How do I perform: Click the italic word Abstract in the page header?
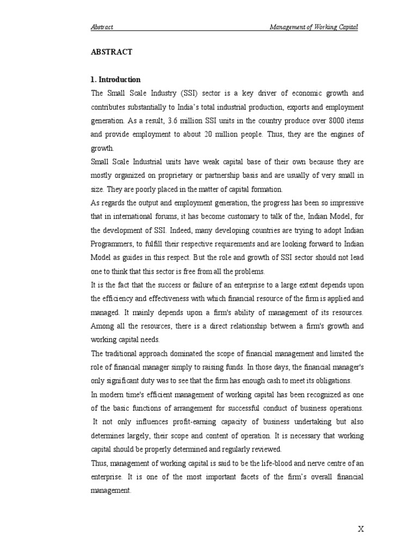[102, 27]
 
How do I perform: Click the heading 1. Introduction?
[115, 79]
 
